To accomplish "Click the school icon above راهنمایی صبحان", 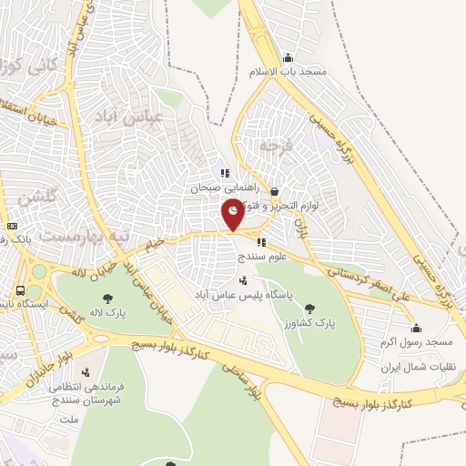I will point(224,173).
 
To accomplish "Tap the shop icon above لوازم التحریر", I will point(276,190).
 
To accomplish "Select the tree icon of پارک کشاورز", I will point(309,308).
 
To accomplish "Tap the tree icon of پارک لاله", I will point(108,298).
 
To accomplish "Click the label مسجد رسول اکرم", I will point(417,341).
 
